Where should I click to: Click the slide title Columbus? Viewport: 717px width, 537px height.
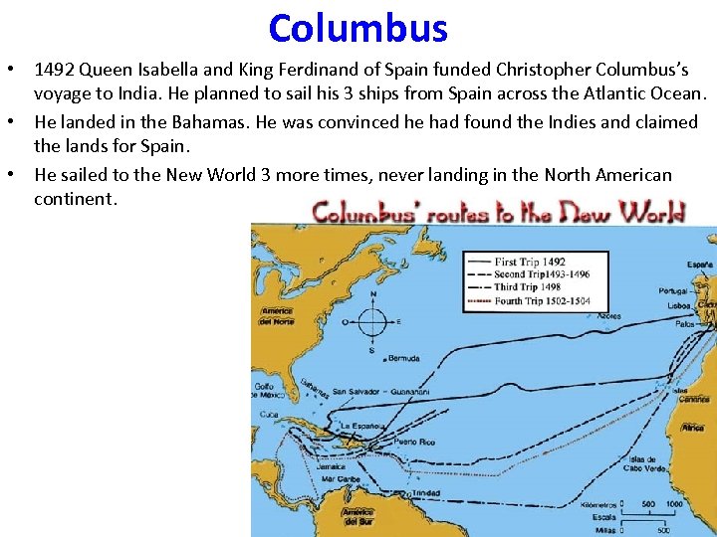358,28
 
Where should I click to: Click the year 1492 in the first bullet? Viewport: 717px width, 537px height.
54,71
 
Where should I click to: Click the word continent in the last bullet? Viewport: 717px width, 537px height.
75,198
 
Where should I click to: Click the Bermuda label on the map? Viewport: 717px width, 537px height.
403,358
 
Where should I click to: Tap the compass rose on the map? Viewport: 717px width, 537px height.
372,322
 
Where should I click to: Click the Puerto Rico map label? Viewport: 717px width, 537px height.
412,441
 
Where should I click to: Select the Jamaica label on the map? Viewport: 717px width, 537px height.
330,465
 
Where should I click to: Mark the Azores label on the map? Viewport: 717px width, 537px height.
608,316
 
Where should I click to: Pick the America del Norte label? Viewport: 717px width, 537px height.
277,317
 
